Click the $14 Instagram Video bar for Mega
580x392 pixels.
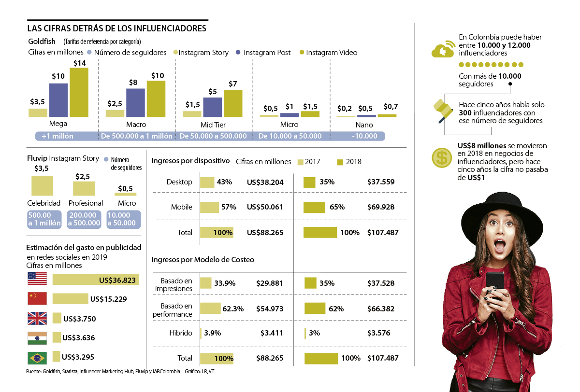click(79, 92)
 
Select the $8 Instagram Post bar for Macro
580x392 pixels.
click(135, 103)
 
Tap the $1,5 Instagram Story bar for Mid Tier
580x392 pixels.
click(192, 114)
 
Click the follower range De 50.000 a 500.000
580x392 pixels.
click(213, 136)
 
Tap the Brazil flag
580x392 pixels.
click(37, 358)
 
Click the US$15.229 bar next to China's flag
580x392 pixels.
click(70, 299)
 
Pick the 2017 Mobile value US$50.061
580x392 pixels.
click(265, 207)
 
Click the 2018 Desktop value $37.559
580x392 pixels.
click(381, 182)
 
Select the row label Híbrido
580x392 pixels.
click(180, 333)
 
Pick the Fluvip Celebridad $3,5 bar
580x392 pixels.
click(42, 185)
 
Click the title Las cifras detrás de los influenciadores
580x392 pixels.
click(116, 28)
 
